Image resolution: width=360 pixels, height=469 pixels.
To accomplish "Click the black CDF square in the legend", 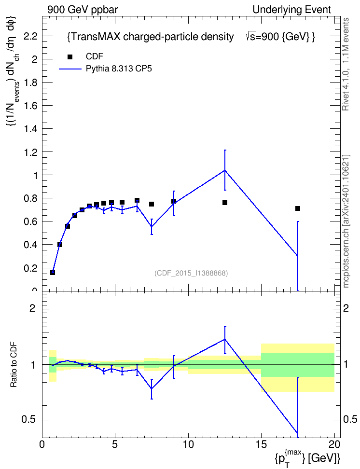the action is [x=70, y=57].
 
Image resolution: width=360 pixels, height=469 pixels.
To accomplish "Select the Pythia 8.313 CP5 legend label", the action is [x=119, y=69].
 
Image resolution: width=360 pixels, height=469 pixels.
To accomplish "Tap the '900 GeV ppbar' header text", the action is [x=83, y=10].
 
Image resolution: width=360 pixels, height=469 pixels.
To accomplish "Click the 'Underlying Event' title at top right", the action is [x=292, y=10].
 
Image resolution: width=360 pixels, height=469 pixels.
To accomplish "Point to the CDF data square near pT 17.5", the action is [x=297, y=208].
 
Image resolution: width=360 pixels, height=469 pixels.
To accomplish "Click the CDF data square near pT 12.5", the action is [x=225, y=203].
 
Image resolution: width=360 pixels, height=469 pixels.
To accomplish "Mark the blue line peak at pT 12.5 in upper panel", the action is [x=225, y=170].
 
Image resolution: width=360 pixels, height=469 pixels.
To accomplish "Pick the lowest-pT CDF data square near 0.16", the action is [x=53, y=273].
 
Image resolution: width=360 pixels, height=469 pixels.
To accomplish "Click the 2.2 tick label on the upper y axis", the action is [x=31, y=36].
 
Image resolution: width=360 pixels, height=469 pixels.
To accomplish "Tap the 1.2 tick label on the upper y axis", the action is [x=31, y=152].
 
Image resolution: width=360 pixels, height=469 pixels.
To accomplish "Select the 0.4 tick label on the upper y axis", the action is [x=31, y=245].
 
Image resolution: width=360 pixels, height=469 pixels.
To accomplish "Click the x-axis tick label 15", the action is [x=261, y=444].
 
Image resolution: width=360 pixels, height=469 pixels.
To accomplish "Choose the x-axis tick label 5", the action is [x=115, y=444].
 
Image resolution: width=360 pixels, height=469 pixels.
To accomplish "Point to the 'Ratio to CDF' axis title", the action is [x=14, y=364].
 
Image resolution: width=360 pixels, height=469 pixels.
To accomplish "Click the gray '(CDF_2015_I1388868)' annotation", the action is [x=191, y=273].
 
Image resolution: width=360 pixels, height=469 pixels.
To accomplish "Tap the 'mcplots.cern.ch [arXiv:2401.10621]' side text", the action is [x=346, y=221].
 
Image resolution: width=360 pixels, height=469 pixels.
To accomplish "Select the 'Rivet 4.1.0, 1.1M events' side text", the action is [x=346, y=64].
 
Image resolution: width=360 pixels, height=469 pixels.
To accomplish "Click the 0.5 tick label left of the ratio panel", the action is [x=29, y=420].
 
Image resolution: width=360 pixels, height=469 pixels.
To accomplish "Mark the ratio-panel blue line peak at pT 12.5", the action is [x=225, y=339].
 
